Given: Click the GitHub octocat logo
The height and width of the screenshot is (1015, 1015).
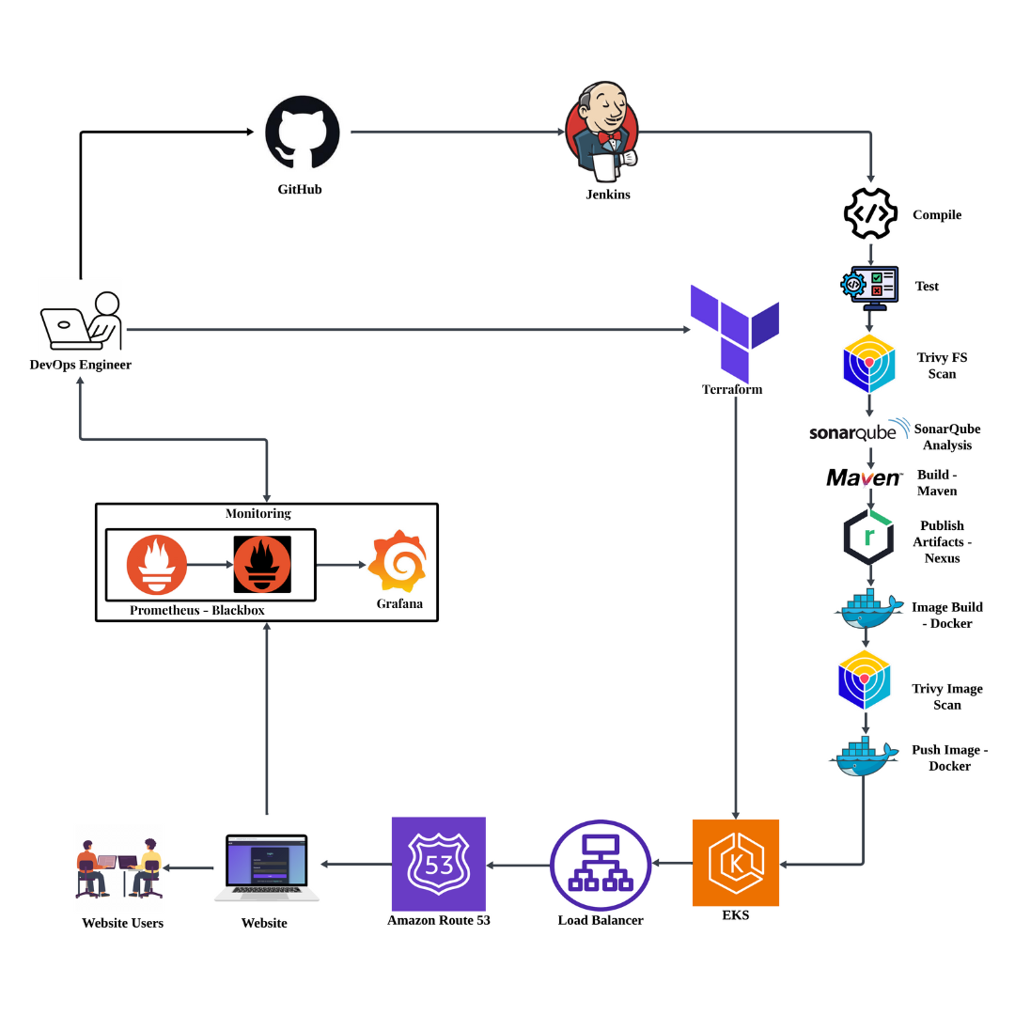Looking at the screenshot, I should (x=301, y=133).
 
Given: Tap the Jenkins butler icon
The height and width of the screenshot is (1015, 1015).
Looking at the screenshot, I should (x=601, y=132).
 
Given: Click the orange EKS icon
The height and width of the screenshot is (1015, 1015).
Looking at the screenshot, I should (x=735, y=862).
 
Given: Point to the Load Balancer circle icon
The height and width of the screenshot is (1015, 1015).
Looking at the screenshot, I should (x=601, y=863).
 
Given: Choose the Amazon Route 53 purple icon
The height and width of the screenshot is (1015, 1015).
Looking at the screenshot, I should (x=438, y=863).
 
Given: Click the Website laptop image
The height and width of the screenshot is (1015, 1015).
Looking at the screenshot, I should (x=266, y=867).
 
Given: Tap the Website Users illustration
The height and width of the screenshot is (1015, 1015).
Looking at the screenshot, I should (x=119, y=867).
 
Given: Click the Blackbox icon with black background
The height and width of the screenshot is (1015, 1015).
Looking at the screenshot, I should (x=262, y=564).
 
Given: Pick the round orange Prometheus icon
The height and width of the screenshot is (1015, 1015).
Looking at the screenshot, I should (x=157, y=564).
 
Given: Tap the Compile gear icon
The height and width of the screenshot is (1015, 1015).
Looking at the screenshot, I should (x=870, y=214).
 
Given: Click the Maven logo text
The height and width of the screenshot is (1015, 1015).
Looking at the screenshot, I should (x=864, y=478).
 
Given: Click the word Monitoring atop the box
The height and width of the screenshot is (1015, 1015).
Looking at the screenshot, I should (x=258, y=513).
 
